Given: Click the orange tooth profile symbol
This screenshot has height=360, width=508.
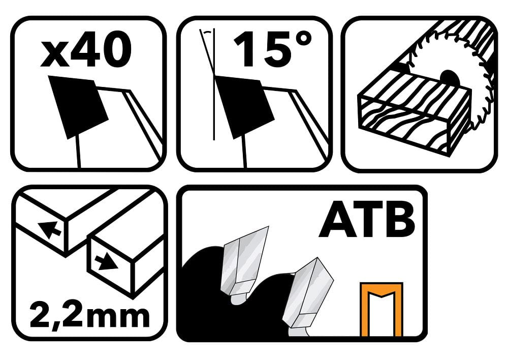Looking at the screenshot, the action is point(382,309).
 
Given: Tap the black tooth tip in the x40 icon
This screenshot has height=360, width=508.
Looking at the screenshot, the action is point(78,107).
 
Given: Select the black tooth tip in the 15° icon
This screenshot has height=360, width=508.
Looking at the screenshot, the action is point(245,107).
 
